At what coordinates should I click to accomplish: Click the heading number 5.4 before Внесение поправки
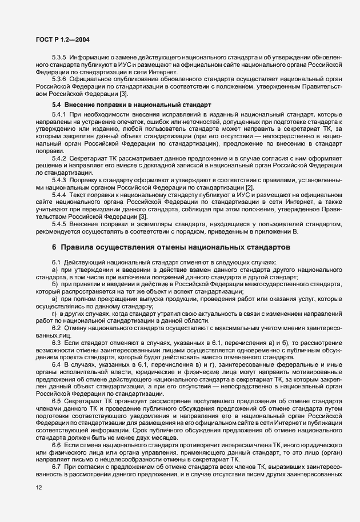56,105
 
